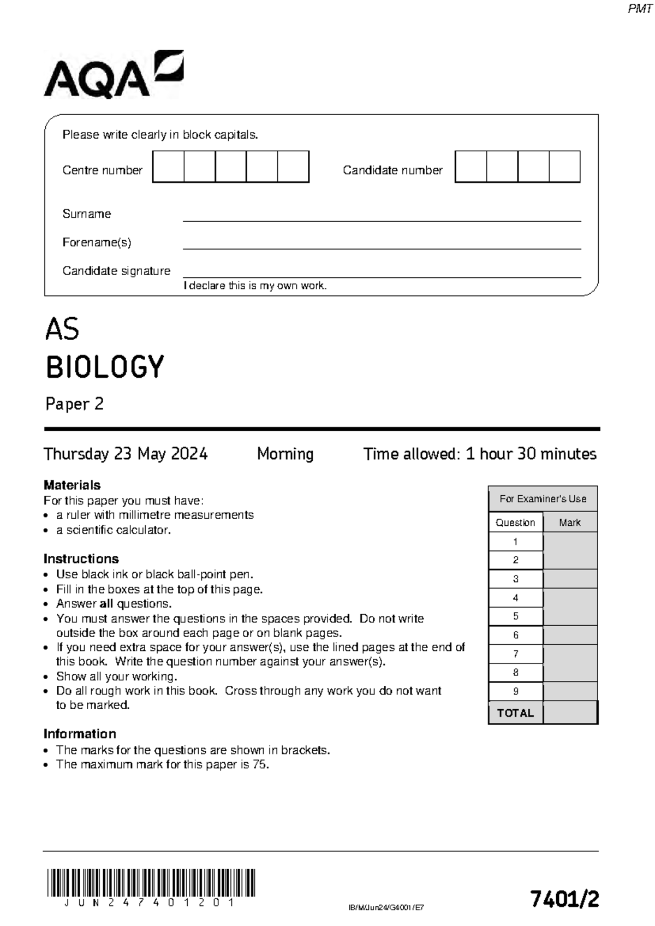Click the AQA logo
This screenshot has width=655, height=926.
pyautogui.click(x=114, y=75)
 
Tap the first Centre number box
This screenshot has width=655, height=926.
pyautogui.click(x=168, y=167)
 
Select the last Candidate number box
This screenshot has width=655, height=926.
pyautogui.click(x=564, y=167)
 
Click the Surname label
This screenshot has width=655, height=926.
pyautogui.click(x=86, y=214)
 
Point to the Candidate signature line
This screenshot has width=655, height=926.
pyautogui.click(x=382, y=276)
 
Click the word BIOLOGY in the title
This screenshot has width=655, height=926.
pyautogui.click(x=105, y=367)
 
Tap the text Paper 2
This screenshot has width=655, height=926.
pyautogui.click(x=74, y=404)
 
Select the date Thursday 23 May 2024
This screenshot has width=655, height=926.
pyautogui.click(x=126, y=454)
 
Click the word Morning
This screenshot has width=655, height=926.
pyautogui.click(x=285, y=454)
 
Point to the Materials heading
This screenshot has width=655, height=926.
pyautogui.click(x=72, y=485)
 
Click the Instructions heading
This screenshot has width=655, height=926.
pyautogui.click(x=81, y=559)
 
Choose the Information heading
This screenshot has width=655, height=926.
pyautogui.click(x=80, y=734)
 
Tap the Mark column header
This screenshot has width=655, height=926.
pyautogui.click(x=569, y=523)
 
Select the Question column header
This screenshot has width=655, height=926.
pyautogui.click(x=515, y=523)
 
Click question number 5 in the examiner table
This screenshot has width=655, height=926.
pyautogui.click(x=515, y=616)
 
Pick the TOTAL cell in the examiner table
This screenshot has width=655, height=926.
pyautogui.click(x=515, y=713)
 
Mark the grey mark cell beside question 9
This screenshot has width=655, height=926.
pyautogui.click(x=570, y=691)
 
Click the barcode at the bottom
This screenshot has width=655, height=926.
pyautogui.click(x=151, y=882)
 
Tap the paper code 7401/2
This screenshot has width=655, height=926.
pyautogui.click(x=564, y=899)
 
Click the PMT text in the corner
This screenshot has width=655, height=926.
pyautogui.click(x=640, y=9)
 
